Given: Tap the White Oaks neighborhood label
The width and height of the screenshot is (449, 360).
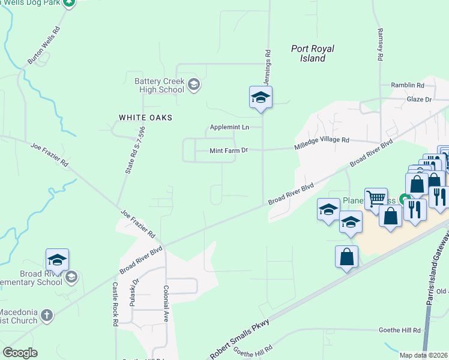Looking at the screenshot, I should pyautogui.click(x=145, y=118).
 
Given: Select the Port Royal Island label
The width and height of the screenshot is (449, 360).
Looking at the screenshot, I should pyautogui.click(x=312, y=53).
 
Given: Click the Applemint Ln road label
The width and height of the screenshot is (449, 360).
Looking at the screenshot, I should pyautogui.click(x=229, y=127).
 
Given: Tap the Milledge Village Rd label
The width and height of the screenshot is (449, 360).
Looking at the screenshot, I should pyautogui.click(x=321, y=143).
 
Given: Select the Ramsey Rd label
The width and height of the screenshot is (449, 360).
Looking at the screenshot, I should pyautogui.click(x=380, y=45).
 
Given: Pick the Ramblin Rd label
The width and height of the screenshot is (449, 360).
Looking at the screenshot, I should pyautogui.click(x=408, y=86).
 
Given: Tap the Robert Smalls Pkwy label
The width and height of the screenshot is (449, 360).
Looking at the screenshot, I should pyautogui.click(x=239, y=339).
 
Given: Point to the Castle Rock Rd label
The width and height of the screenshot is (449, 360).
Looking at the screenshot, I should pyautogui.click(x=115, y=305).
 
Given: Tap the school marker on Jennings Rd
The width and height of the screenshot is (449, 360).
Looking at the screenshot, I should pyautogui.click(x=261, y=97).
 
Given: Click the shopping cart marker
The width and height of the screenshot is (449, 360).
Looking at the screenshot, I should pyautogui.click(x=376, y=199).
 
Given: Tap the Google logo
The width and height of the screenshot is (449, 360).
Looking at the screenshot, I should pyautogui.click(x=20, y=353).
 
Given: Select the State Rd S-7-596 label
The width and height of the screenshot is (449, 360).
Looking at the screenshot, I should pyautogui.click(x=135, y=150).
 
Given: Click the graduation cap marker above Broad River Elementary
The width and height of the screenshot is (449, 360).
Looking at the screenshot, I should pyautogui.click(x=57, y=260).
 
